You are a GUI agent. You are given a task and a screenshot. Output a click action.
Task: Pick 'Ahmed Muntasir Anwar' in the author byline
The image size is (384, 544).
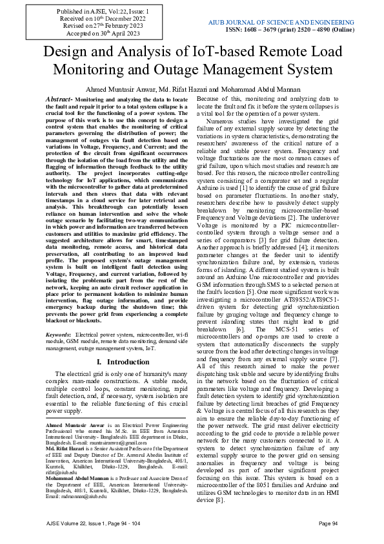coord(119,89)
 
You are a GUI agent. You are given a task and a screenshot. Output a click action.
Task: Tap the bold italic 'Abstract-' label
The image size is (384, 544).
coord(59,99)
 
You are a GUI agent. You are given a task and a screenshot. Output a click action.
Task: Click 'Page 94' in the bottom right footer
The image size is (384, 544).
coord(328,523)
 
